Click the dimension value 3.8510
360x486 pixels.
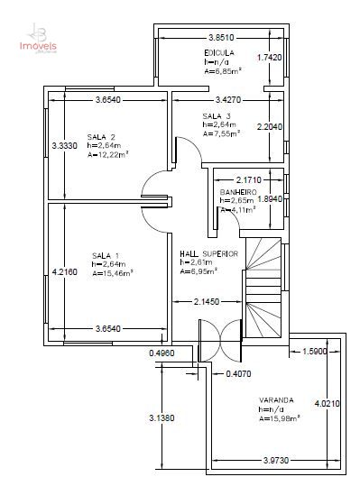pyautogui.click(x=221, y=38)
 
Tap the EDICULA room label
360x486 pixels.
pyautogui.click(x=219, y=54)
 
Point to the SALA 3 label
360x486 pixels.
pyautogui.click(x=217, y=117)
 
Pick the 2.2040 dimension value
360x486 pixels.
pyautogui.click(x=272, y=127)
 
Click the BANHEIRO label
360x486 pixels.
pyautogui.click(x=239, y=193)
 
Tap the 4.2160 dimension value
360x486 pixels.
pyautogui.click(x=65, y=271)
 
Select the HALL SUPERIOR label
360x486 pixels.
pyautogui.click(x=208, y=253)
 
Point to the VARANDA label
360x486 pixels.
pyautogui.click(x=276, y=399)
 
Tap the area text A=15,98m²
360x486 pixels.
pyautogui.click(x=280, y=417)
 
